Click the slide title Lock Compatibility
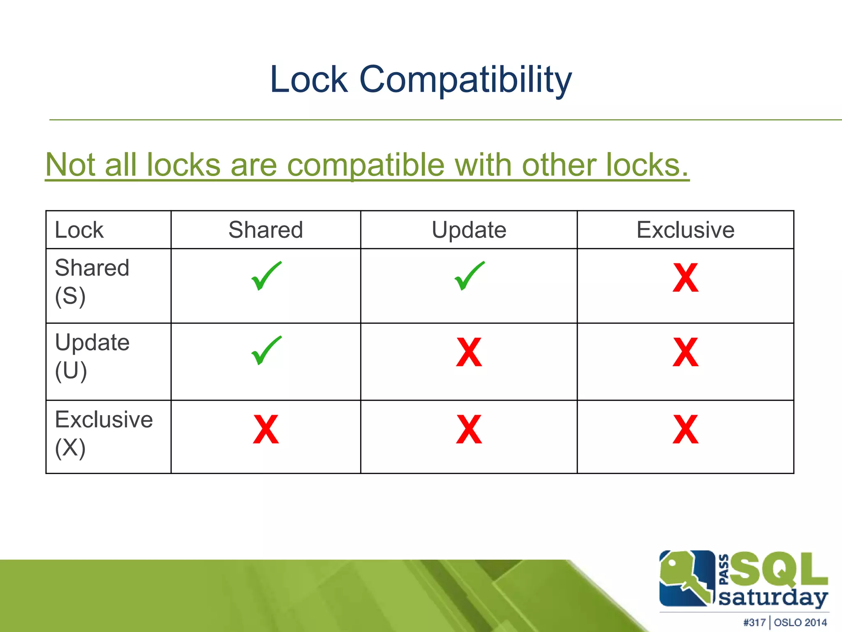click(x=421, y=79)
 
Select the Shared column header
click(x=266, y=230)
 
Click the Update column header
click(x=469, y=230)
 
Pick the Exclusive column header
click(x=685, y=230)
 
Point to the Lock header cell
click(x=79, y=230)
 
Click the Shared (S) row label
click(x=92, y=281)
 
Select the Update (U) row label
click(x=92, y=356)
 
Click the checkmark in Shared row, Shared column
click(x=266, y=276)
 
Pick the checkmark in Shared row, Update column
click(x=469, y=276)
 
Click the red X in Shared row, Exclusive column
click(x=685, y=278)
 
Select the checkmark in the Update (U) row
click(x=266, y=351)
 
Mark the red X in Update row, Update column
click(x=469, y=353)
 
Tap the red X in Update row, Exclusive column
click(x=685, y=353)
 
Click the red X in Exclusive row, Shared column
click(x=266, y=430)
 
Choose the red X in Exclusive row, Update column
click(x=469, y=430)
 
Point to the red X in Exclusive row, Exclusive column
click(x=685, y=430)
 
